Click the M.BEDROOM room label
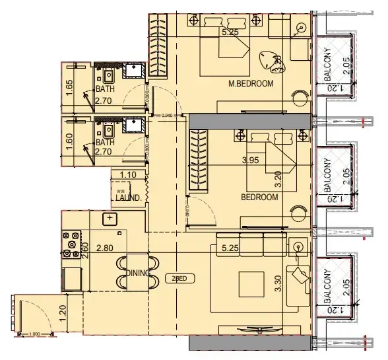click(250, 83)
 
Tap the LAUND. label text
click(125, 197)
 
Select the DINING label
click(141, 273)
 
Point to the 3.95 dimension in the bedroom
click(251, 161)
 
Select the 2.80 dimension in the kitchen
click(106, 249)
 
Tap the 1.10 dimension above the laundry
click(128, 174)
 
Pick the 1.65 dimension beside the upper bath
click(69, 88)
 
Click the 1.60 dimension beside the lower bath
click(69, 141)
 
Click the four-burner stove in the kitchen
click(71, 244)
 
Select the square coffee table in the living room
click(251, 285)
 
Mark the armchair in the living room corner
click(303, 277)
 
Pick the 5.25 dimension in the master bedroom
click(230, 32)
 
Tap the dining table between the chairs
click(135, 271)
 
